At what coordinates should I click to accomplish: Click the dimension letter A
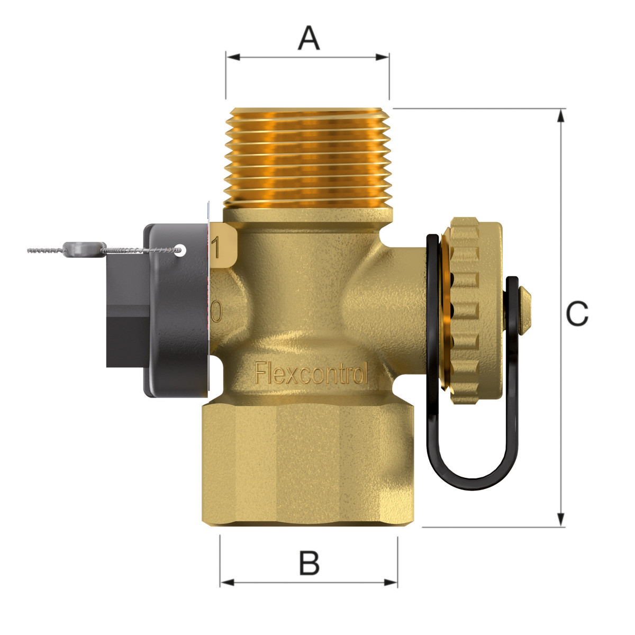309,39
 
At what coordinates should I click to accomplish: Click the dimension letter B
309,563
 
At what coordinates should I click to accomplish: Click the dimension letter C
577,313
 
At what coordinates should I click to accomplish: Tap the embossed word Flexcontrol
311,373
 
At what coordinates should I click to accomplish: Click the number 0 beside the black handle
216,311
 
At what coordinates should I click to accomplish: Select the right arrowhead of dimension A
382,57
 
